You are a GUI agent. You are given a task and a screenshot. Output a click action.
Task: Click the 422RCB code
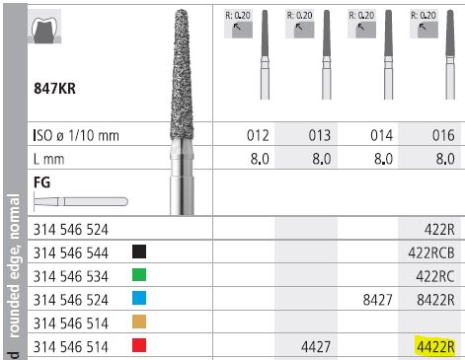[x=431, y=252]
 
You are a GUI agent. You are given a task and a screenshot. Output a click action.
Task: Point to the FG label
[x=41, y=181]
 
